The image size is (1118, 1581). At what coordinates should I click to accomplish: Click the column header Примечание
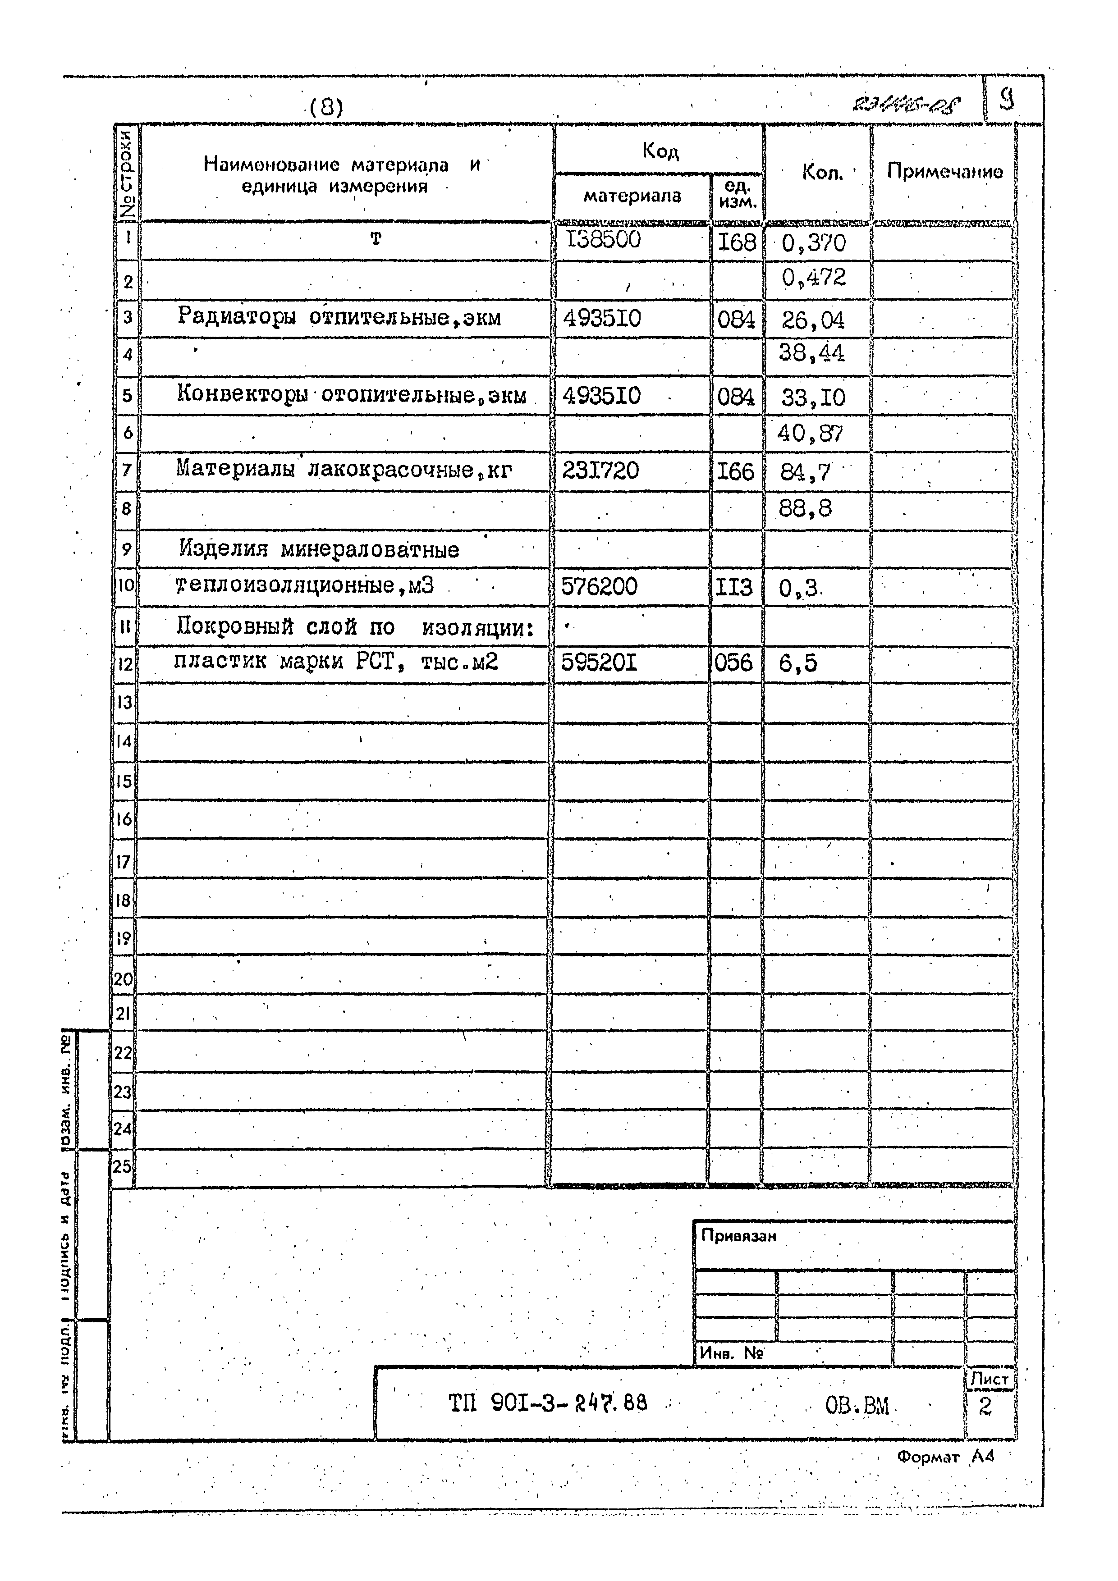tap(944, 171)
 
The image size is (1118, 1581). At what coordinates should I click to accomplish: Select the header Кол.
tap(822, 172)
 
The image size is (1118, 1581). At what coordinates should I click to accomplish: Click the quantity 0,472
tap(814, 278)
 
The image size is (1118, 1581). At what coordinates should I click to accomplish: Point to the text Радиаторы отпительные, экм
tap(339, 317)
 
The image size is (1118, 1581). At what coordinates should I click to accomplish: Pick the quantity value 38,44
tap(811, 354)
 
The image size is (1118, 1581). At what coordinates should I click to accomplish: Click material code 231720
tap(600, 471)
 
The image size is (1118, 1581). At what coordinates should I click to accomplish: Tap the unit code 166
tap(736, 472)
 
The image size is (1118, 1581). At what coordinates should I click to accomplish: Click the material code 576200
tap(599, 587)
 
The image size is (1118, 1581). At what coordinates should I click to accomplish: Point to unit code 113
tap(733, 587)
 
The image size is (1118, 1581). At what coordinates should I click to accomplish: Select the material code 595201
tap(599, 663)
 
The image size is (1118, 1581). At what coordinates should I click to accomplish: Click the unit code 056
tap(733, 663)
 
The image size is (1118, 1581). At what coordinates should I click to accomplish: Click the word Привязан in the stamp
tap(738, 1236)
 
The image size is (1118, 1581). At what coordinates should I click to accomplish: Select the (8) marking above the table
tap(326, 107)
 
